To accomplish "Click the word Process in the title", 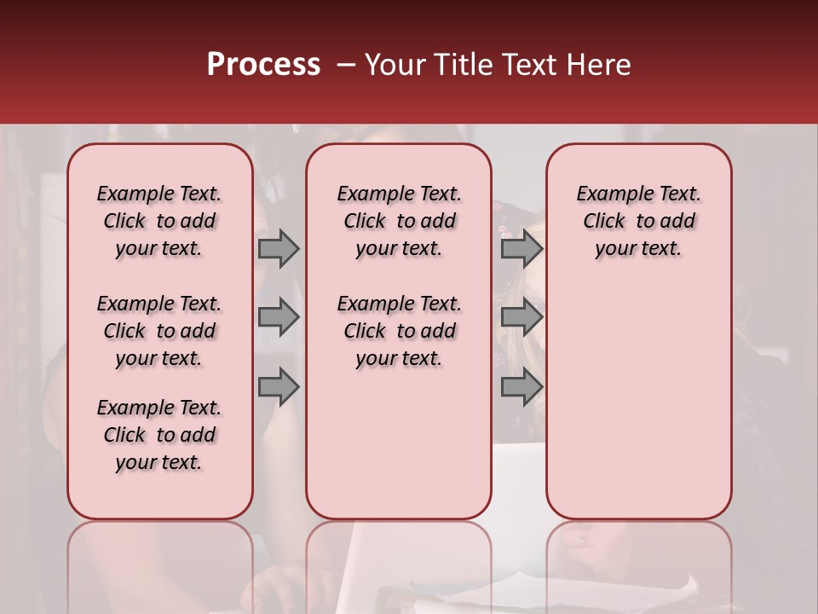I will pos(263,65).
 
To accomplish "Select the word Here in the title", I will pos(599,65).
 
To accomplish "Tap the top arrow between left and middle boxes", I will pos(279,248).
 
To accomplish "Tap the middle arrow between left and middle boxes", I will pos(279,317).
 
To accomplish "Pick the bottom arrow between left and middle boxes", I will pos(279,386).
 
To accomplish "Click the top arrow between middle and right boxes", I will pos(521,248).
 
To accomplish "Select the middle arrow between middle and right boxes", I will pos(521,317).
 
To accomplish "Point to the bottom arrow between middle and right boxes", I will pos(521,386).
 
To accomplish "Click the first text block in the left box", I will pos(159,221).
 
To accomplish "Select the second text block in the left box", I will pos(159,331).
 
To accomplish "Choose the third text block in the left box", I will pos(159,435).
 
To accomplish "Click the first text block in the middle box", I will pos(399,221).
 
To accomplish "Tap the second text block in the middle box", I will pos(399,331).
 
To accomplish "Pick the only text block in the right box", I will pos(638,221).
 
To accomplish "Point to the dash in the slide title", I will pos(346,65).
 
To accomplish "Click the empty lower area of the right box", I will pos(638,401).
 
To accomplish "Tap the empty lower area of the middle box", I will pos(399,443).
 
